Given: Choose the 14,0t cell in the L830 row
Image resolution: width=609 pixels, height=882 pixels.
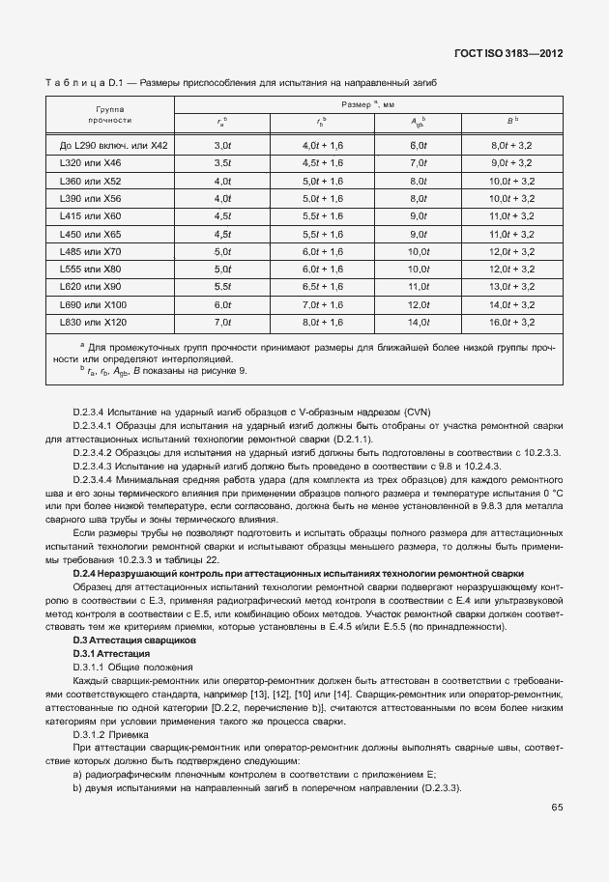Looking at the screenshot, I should pos(418,322).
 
